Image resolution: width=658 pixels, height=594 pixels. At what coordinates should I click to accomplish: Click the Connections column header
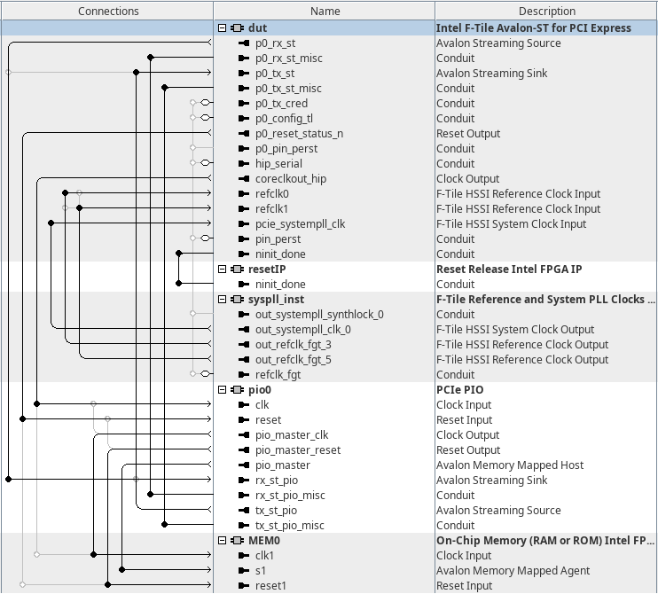point(108,12)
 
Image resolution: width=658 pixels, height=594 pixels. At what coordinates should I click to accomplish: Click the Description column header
point(546,12)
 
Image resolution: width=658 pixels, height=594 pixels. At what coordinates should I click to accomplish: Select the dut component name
point(257,28)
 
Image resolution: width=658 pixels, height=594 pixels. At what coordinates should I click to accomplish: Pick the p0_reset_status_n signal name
point(299,134)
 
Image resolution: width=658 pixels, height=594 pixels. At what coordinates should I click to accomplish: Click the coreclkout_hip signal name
point(290,179)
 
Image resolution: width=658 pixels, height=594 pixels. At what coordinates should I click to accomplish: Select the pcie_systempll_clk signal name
point(300,224)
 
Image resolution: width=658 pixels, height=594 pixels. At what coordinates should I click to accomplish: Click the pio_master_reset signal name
point(298,450)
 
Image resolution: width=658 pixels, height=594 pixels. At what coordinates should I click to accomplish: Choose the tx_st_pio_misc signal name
point(289,526)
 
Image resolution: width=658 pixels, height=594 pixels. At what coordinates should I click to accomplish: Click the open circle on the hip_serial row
point(206,163)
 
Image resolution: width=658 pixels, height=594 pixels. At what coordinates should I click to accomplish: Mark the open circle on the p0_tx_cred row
point(206,104)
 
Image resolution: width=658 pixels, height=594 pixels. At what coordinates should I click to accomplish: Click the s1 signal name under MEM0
point(260,571)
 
